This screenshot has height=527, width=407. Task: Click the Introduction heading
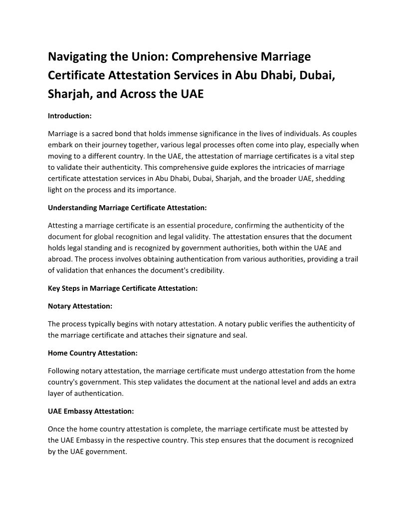pos(69,116)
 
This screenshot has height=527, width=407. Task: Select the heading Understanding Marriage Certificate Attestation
pos(127,207)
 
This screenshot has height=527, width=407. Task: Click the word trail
pos(351,259)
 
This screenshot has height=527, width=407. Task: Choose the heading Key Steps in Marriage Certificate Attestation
pos(123,288)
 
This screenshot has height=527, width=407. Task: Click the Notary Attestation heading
pos(80,305)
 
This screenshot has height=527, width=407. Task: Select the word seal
pos(239,335)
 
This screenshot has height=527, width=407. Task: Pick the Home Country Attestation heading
pos(93,353)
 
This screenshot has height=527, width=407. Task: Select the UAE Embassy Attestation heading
pos(91,411)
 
